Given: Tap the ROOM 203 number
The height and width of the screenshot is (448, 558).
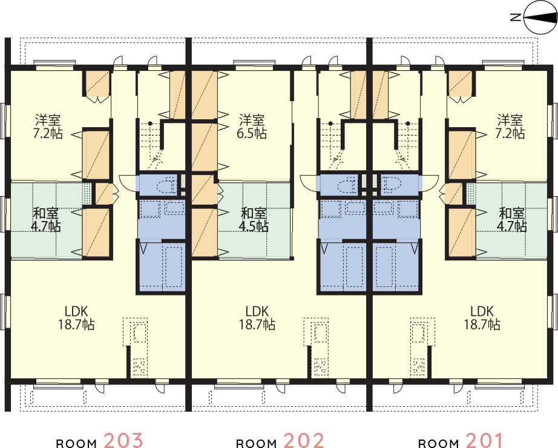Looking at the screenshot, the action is click(123, 440).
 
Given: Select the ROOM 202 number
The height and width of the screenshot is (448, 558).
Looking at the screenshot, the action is click(304, 440).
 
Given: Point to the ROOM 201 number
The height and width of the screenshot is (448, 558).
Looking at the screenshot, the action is click(484, 440).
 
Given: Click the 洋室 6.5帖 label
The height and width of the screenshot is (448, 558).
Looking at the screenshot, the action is click(252, 126).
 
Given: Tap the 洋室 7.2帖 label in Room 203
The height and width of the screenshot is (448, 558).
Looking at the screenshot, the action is click(48, 126).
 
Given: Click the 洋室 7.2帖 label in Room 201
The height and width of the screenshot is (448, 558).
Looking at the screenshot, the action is click(510, 126).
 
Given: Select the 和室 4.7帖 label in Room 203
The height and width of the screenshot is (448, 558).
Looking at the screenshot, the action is click(46, 219).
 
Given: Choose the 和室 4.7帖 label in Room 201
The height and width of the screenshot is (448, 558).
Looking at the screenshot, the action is click(513, 219).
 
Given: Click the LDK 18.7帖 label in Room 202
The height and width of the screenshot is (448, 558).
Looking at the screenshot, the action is click(257, 318).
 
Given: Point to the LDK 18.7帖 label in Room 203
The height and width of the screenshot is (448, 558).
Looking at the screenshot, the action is click(76, 318).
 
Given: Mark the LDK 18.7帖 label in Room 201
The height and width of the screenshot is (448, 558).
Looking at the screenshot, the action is click(482, 318).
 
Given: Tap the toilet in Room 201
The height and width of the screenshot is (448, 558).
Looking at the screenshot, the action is click(392, 184).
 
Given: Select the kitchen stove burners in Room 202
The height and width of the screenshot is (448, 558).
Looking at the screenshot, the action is click(320, 367).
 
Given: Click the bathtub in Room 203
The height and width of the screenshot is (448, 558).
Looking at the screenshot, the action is click(174, 265).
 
